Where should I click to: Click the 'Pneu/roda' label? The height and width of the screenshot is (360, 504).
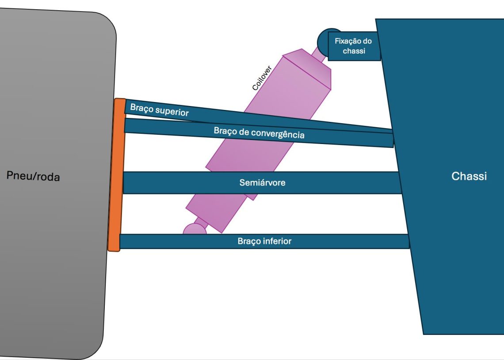33,176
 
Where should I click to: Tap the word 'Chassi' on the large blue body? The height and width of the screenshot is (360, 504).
469,176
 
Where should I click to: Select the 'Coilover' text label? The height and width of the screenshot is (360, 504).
262,79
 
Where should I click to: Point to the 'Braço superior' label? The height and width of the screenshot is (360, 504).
159,110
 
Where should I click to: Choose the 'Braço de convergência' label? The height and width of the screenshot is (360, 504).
259,133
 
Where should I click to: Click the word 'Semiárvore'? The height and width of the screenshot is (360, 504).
262,182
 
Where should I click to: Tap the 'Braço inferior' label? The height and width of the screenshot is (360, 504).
264,241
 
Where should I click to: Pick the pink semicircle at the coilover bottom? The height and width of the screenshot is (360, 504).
194,229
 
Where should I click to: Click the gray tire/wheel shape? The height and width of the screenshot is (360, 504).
53,265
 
